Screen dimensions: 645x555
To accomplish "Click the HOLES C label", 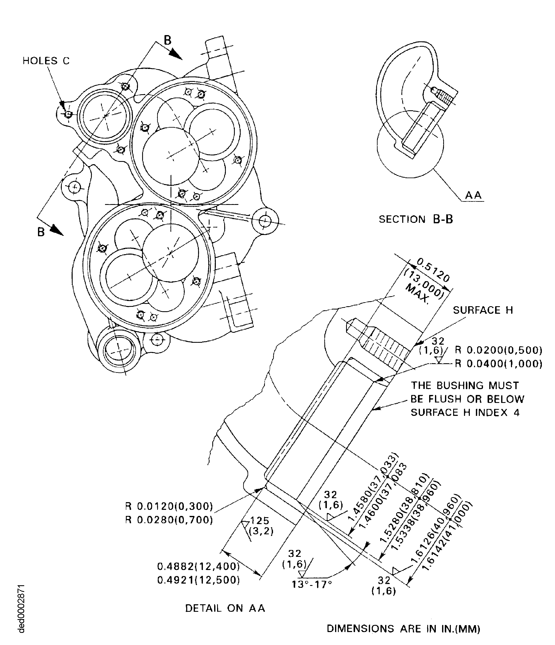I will point(46,61).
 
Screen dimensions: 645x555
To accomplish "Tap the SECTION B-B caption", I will point(416,220).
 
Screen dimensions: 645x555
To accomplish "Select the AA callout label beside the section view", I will point(473,196).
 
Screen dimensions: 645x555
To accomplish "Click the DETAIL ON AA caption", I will point(225,608).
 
